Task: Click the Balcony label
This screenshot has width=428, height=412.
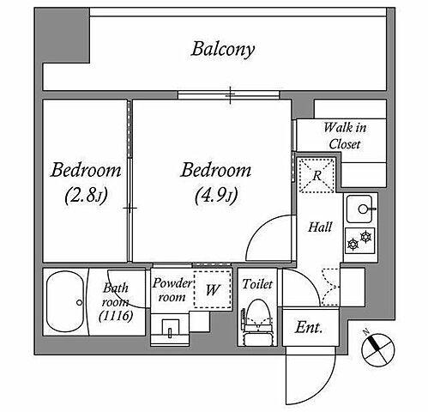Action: click(x=223, y=50)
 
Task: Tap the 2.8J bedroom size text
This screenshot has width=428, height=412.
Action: click(x=86, y=196)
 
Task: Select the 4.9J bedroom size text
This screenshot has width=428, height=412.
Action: click(x=216, y=196)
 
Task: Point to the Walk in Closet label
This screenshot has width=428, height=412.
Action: click(x=345, y=136)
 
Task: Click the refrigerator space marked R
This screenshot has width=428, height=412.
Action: click(x=316, y=175)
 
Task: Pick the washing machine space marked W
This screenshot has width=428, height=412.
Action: click(x=213, y=289)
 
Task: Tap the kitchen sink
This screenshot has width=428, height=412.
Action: click(x=360, y=209)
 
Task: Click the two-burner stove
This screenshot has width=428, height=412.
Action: click(x=359, y=240)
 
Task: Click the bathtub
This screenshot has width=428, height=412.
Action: click(x=65, y=301)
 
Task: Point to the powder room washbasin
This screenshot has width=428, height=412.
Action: click(x=171, y=329)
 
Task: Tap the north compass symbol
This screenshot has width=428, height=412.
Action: click(x=378, y=350)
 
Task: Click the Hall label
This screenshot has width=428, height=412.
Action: click(x=320, y=227)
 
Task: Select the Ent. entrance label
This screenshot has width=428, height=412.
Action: click(x=309, y=327)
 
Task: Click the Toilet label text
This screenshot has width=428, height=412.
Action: click(x=257, y=284)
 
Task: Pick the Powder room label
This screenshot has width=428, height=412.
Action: click(x=172, y=290)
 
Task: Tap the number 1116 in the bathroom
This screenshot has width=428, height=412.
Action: click(x=116, y=316)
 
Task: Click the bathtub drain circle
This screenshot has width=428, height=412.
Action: click(x=79, y=302)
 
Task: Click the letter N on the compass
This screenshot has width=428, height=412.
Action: click(x=366, y=332)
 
